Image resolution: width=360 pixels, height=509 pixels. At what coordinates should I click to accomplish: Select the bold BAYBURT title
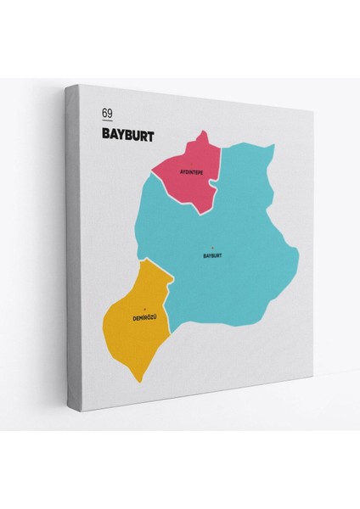click(127, 134)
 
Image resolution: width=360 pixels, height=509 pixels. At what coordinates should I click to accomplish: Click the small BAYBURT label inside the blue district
click(212, 255)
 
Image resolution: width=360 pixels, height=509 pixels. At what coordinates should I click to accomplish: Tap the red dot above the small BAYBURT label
click(212, 247)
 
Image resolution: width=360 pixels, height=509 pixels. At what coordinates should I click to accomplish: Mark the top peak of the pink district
click(205, 131)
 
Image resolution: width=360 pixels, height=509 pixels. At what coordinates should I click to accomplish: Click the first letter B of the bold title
click(104, 134)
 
